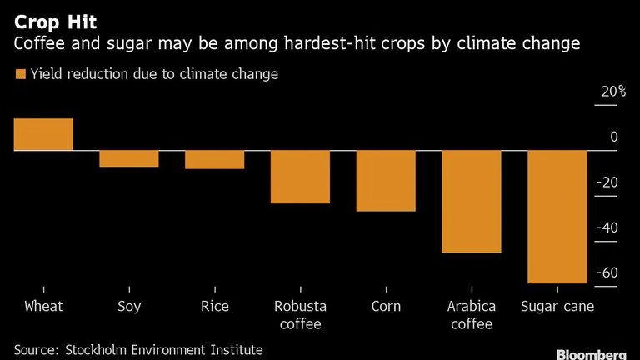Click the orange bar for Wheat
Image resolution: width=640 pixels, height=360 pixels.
click(43, 134)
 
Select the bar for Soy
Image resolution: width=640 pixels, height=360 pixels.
click(129, 158)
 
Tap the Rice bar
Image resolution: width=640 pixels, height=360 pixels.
click(214, 159)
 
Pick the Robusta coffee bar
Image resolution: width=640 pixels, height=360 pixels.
click(300, 177)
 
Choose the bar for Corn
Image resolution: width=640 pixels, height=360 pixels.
click(386, 181)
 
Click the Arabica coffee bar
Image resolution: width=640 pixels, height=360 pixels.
click(471, 201)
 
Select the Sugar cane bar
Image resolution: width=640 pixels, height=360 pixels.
click(557, 217)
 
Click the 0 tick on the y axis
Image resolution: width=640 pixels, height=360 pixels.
click(613, 137)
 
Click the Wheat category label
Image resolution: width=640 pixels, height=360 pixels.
click(43, 307)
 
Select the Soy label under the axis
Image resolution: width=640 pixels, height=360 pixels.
click(129, 307)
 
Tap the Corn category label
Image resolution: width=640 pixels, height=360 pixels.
click(386, 307)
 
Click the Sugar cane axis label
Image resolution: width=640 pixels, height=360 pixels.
click(557, 307)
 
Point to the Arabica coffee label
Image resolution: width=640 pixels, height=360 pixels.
click(471, 315)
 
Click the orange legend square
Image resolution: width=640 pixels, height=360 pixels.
click(20, 75)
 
